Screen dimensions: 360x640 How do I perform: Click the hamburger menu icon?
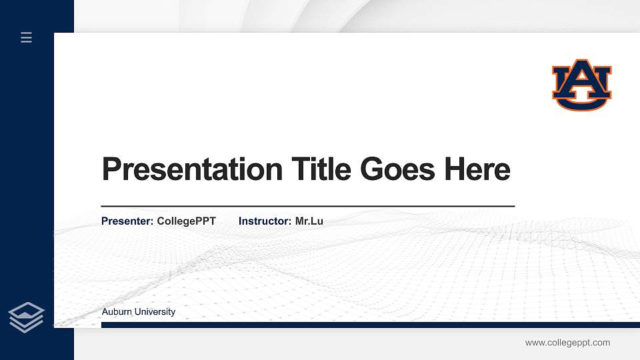[27, 37]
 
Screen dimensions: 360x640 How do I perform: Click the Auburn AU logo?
[581, 85]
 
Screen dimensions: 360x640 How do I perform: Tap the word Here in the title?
[477, 169]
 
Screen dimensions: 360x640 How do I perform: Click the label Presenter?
[127, 221]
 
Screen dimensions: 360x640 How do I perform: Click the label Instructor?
[265, 221]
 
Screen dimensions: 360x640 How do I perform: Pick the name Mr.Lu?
[309, 221]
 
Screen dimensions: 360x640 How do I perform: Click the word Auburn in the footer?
[117, 312]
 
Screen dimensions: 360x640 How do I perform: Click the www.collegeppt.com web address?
[567, 343]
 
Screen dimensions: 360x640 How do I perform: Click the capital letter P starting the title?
[111, 169]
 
